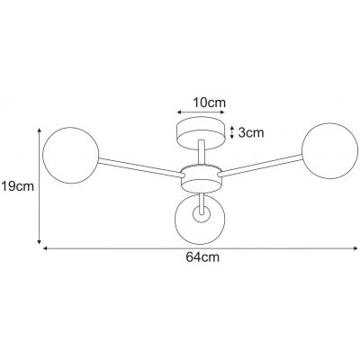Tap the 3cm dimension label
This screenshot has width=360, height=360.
pos(249,132)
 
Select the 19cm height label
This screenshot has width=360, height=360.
pos(17,187)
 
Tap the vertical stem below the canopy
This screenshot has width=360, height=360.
pos(201,153)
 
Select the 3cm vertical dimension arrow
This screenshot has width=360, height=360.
pos(233,131)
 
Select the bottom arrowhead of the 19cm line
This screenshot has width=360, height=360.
pos(40,242)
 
